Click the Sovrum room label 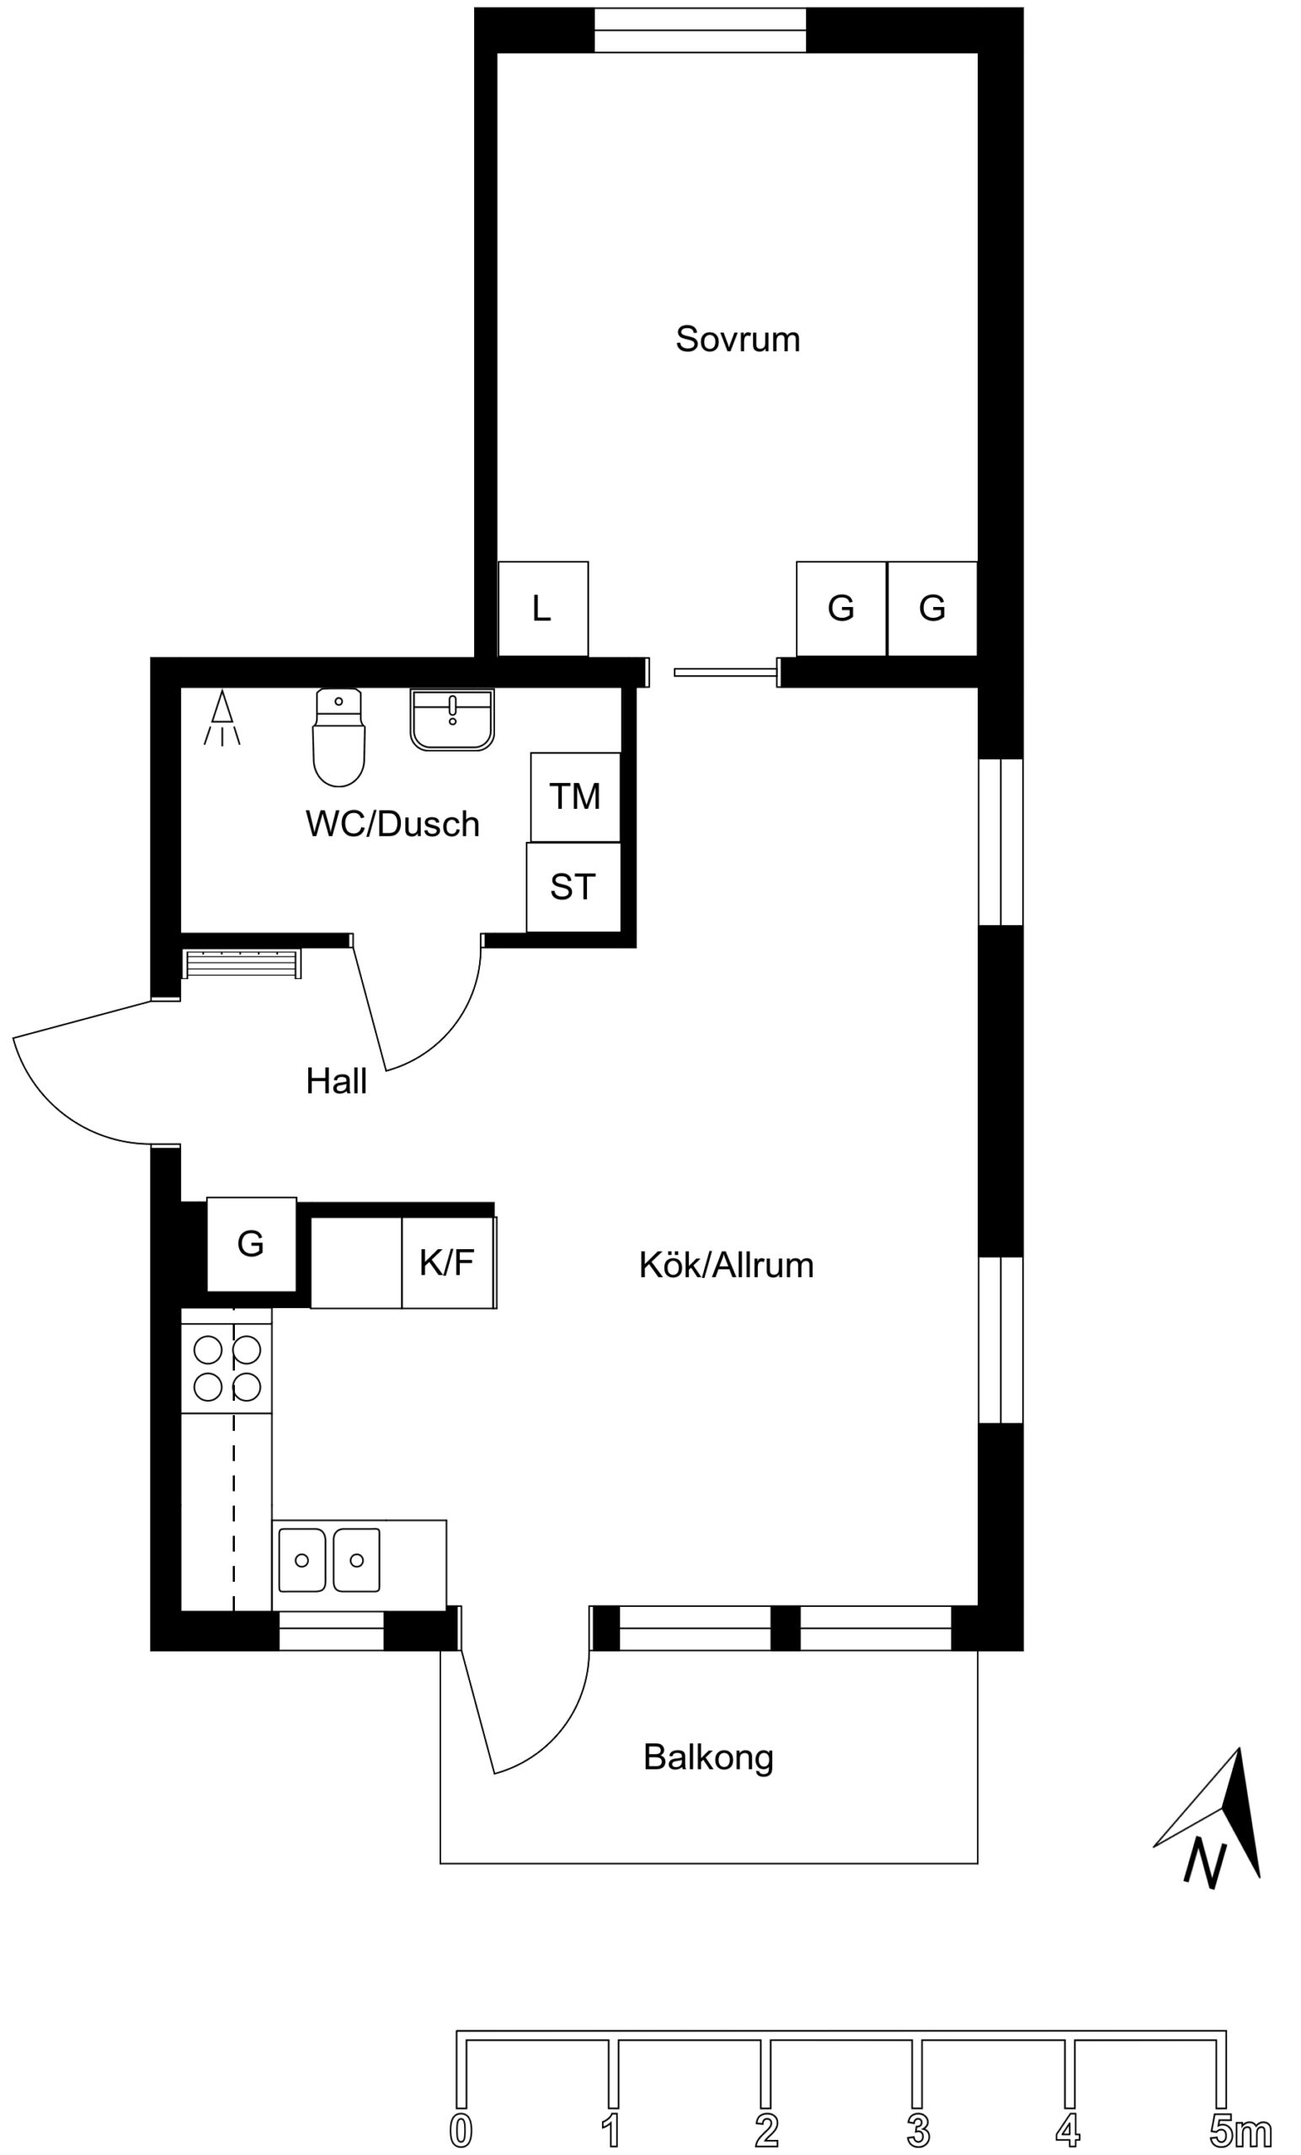pos(737,339)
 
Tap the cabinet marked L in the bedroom pos(542,609)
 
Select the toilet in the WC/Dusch pos(339,737)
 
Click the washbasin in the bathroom pos(451,720)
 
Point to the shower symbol pos(222,718)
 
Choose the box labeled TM pos(575,796)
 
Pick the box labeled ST pos(573,888)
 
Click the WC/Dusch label pos(392,824)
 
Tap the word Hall pos(336,1082)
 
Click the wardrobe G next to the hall pos(251,1243)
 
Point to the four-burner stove pos(227,1368)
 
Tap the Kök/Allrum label pos(726,1265)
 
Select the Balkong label pos(708,1758)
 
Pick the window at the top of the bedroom pos(700,29)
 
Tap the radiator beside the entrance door pos(243,964)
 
